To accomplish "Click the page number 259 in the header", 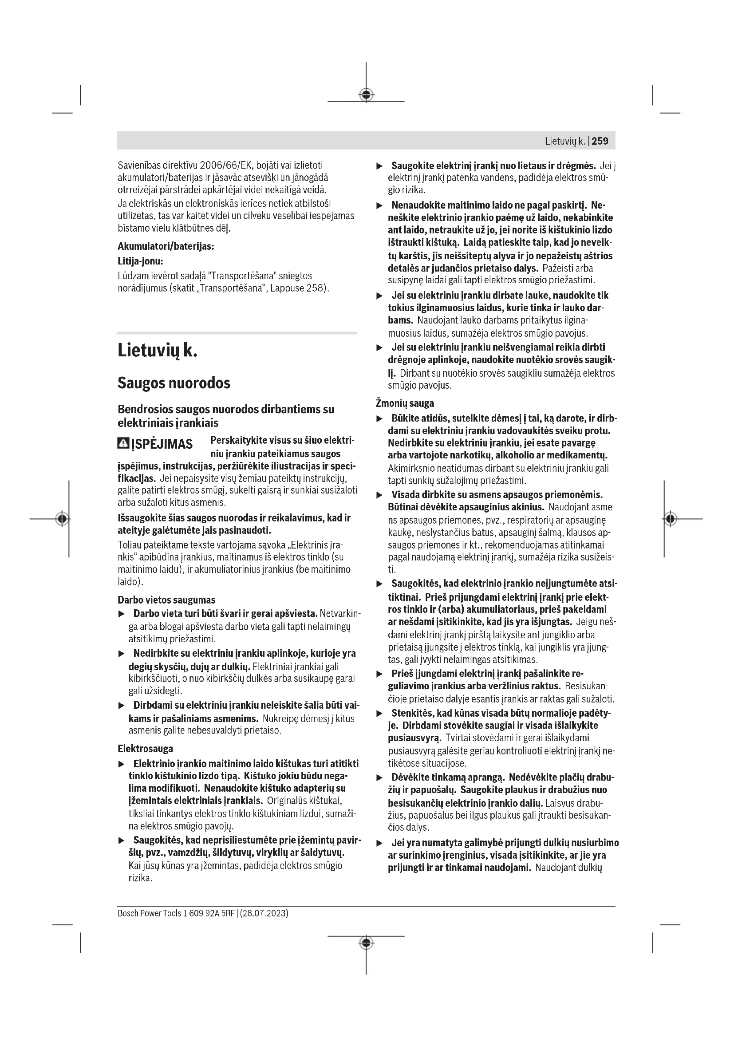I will coord(600,141).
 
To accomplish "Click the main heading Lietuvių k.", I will coord(157,351).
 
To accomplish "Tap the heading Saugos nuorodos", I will coord(174,383).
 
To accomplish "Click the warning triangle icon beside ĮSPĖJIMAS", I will coord(123,443).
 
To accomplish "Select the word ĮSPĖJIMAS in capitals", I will coord(162,444).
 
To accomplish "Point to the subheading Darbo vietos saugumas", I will coord(166,600).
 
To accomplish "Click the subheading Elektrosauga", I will coord(145,748).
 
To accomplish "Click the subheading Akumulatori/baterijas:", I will coord(166,246).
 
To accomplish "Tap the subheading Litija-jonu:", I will coord(140,261).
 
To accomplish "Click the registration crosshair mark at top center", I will coord(366,95).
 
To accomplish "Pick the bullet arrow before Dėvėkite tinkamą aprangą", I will coord(380,778).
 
